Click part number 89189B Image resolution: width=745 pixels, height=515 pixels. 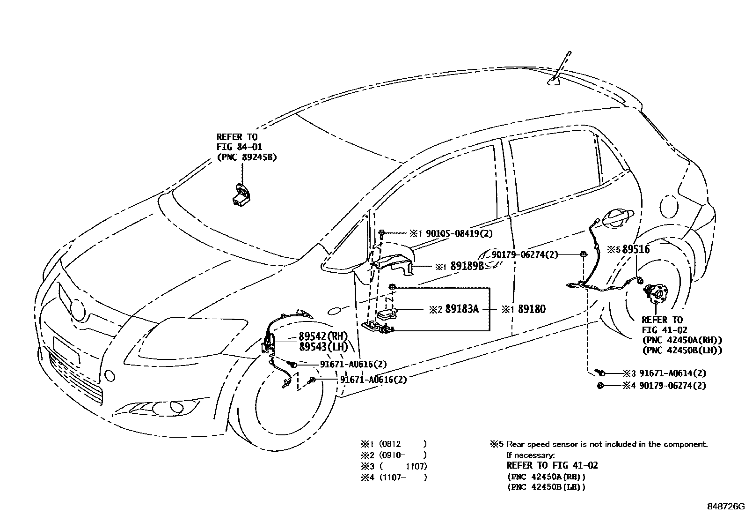(x=467, y=266)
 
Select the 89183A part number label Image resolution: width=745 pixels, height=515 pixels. (x=461, y=309)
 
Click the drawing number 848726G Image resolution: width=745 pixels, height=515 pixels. (x=725, y=507)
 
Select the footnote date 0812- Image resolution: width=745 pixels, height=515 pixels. (x=393, y=444)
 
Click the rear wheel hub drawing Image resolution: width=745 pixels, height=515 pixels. (x=654, y=295)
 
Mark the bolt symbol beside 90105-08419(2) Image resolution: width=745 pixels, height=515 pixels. (x=382, y=233)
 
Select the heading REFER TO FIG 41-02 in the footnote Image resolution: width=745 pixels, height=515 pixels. (x=552, y=466)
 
